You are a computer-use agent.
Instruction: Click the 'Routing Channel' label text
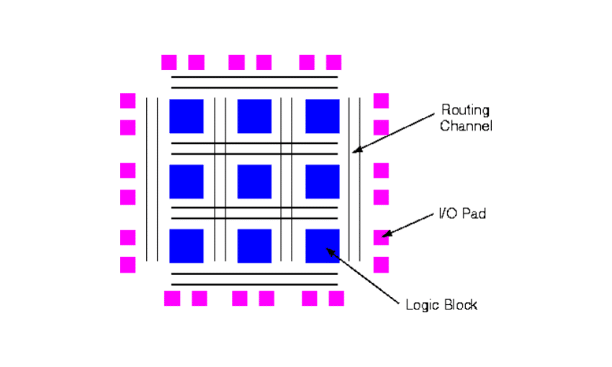(466, 118)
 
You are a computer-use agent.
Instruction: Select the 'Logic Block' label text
(441, 304)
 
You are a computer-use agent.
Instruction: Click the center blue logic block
(254, 181)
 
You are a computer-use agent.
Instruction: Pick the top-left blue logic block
(186, 117)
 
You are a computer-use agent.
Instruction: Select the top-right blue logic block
(322, 117)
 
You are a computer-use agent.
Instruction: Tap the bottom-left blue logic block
(186, 246)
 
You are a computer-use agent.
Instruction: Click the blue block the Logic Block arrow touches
(322, 246)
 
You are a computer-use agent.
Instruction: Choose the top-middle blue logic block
(254, 117)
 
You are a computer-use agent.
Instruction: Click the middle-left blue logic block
(186, 181)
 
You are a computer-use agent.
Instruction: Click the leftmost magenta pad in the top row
(169, 63)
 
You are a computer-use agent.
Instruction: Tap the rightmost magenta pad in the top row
(333, 63)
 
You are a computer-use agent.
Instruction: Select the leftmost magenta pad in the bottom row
(172, 298)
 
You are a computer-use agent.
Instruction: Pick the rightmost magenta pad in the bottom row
(336, 298)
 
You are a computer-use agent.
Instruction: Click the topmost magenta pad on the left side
(127, 100)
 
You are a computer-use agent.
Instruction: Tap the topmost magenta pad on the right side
(381, 100)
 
